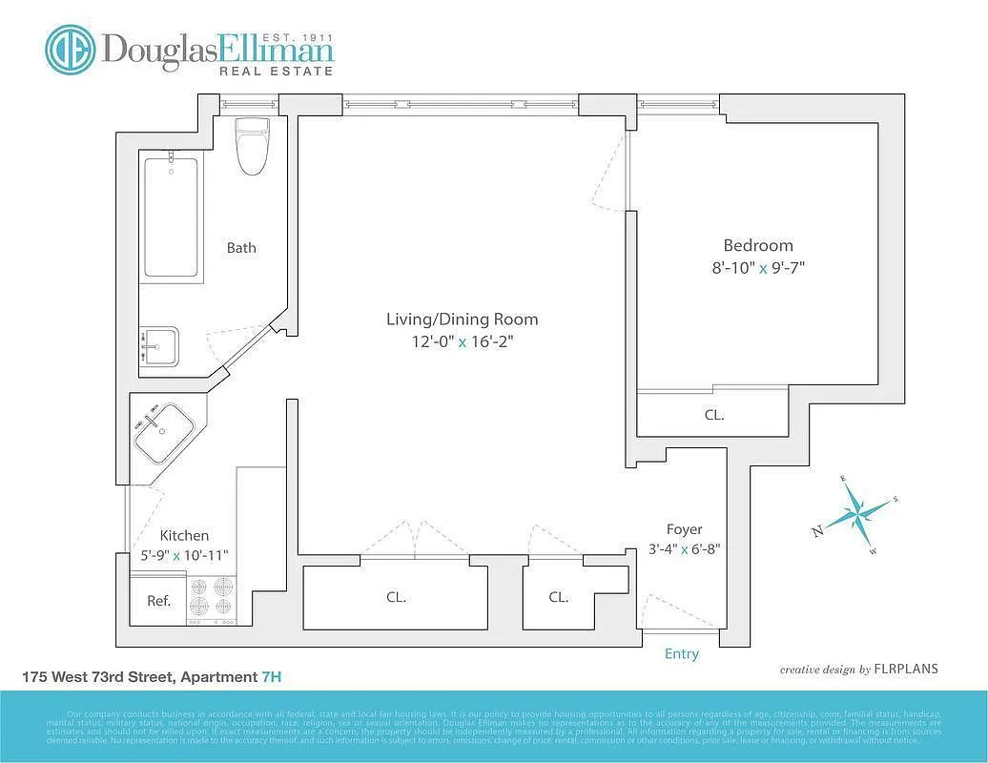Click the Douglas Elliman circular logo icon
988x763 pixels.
coord(71,50)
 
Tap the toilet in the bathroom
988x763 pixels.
coord(253,146)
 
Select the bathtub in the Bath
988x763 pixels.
coord(171,217)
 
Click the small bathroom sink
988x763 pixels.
coord(159,346)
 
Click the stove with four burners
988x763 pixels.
coord(213,599)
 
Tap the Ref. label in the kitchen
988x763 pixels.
coord(158,601)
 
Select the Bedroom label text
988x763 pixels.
coord(757,245)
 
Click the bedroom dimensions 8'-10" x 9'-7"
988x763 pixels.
coord(757,268)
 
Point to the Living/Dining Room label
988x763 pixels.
coord(462,319)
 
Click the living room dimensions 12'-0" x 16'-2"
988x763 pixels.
coord(462,341)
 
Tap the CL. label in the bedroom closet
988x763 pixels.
coord(713,415)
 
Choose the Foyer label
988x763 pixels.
coord(684,529)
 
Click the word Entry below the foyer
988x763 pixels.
coord(681,653)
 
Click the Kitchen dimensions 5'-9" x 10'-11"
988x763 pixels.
coord(184,554)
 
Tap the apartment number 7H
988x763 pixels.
coord(271,677)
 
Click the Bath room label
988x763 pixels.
coord(241,248)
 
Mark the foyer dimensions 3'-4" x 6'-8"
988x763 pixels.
coord(684,549)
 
